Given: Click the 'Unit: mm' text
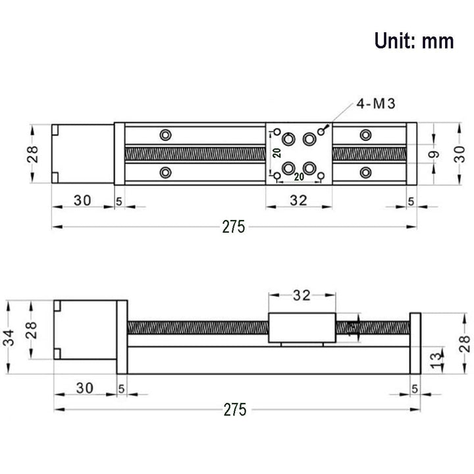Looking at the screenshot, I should coord(414,41).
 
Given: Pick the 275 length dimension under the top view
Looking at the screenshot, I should coord(233,227).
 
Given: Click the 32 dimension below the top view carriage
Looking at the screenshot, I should coord(299,201).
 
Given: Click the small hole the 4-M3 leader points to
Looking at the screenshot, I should coord(323,130).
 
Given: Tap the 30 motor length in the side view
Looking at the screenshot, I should coord(82,385).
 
